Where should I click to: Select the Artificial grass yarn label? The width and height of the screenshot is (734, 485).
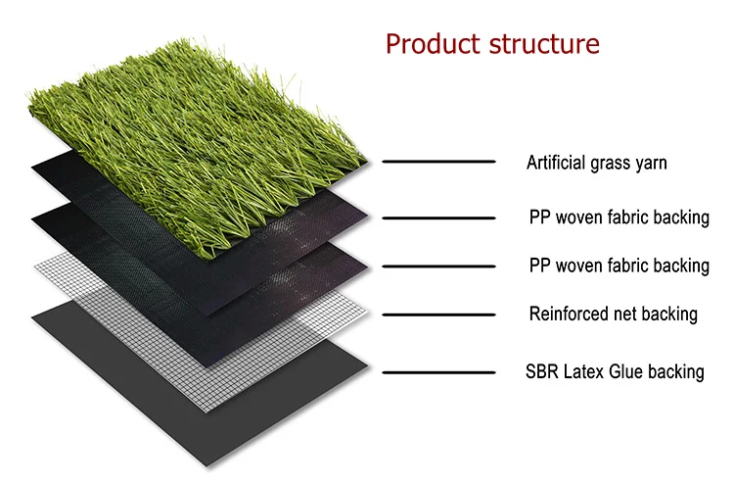(596, 163)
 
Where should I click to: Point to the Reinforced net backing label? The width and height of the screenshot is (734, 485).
(613, 315)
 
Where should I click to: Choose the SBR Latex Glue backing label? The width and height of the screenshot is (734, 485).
(615, 371)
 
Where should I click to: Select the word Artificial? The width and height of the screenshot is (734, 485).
(557, 163)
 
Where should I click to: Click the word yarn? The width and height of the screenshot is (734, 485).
(650, 164)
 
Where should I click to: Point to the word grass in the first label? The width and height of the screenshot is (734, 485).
(611, 164)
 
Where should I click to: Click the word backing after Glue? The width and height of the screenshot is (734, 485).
(679, 372)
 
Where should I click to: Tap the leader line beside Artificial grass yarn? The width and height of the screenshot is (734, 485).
(439, 161)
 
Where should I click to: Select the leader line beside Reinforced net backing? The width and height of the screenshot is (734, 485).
(439, 315)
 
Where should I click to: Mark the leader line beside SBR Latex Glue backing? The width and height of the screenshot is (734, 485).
(439, 372)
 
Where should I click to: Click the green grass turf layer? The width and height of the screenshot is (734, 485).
(196, 118)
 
